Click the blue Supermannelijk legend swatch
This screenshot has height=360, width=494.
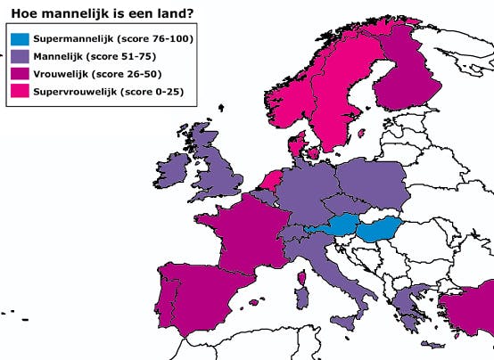pos(19,39)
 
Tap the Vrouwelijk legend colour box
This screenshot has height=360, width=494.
pos(19,75)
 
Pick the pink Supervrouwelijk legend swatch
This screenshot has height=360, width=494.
pos(19,93)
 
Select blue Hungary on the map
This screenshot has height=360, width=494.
pos(378,233)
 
